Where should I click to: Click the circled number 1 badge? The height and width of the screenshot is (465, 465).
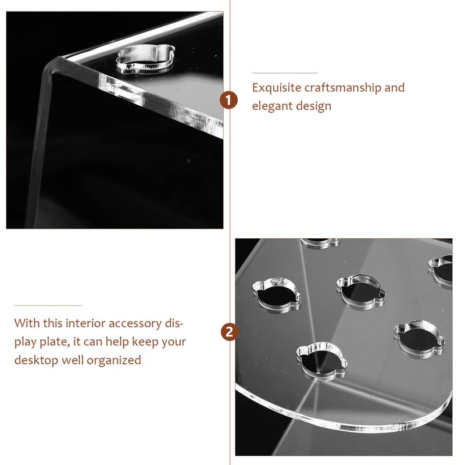pos(228,100)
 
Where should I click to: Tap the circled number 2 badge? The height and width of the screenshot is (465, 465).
pos(230,332)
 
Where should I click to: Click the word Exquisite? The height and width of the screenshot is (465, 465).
pos(277,88)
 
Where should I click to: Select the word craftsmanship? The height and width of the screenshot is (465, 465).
pos(342,88)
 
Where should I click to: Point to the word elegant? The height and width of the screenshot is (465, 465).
pos(272,106)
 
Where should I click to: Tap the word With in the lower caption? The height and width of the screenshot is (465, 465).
pos(27,323)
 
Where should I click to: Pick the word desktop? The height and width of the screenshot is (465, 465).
pos(36,360)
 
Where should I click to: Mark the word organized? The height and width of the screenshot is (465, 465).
pos(113,360)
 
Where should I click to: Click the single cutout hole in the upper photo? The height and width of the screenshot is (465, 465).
pos(145,59)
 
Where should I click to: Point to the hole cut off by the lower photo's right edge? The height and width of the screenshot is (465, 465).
pos(441,270)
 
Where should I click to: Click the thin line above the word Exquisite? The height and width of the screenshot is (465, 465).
pos(285,73)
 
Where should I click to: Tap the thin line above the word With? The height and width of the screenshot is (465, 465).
pos(48,305)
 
